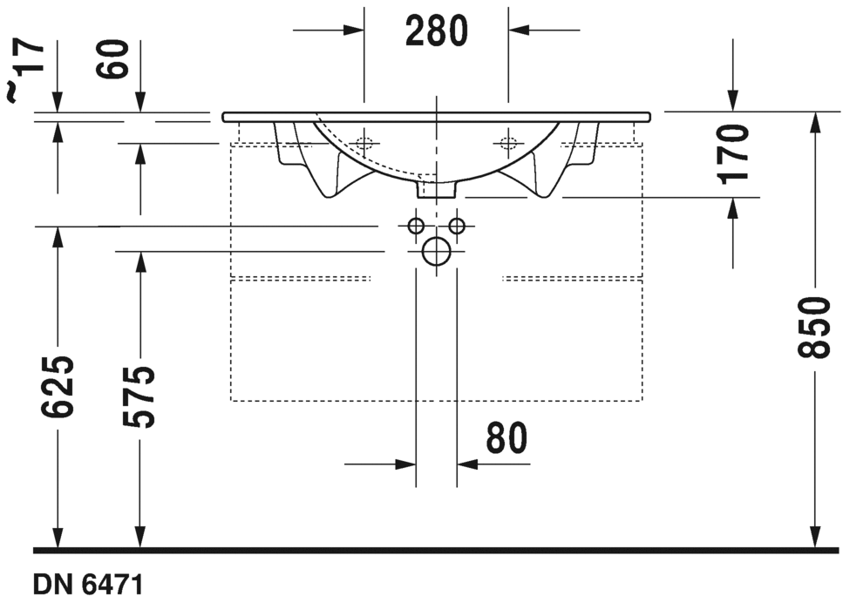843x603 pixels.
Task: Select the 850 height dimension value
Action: coord(813,327)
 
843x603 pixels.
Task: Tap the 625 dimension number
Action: coord(58,386)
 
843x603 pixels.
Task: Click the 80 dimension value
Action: coord(507,438)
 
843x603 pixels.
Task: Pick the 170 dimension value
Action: coord(733,152)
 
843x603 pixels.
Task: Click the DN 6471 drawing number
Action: coord(87,583)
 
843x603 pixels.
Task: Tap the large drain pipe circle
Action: coord(435,253)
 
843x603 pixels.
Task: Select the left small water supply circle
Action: coord(416,227)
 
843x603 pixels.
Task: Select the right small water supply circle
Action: coord(456,227)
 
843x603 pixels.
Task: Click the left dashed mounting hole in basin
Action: coord(364,141)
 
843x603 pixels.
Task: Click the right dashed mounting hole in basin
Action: coord(508,141)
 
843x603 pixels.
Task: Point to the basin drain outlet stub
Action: coord(436,188)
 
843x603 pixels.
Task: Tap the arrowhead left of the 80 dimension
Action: coord(405,464)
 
